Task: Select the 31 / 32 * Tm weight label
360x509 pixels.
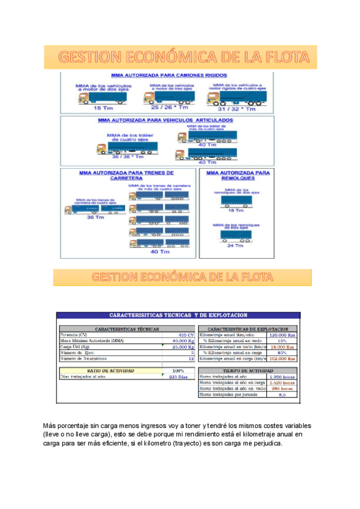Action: [237, 109]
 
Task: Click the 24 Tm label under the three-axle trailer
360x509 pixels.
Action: [235, 245]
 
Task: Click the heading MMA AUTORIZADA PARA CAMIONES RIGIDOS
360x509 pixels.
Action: [169, 76]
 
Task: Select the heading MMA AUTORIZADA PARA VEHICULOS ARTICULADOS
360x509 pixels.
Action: [166, 120]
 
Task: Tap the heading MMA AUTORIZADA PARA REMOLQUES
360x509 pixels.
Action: [235, 175]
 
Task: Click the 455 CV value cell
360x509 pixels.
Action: [186, 335]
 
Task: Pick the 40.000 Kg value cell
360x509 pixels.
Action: [183, 341]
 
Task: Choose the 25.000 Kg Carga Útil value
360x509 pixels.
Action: [183, 347]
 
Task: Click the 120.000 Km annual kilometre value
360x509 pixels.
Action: [281, 335]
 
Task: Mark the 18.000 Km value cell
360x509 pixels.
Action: [281, 347]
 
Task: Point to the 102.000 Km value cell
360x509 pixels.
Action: [281, 358]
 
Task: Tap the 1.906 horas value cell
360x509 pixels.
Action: [282, 377]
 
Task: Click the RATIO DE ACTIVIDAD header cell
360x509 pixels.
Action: [110, 371]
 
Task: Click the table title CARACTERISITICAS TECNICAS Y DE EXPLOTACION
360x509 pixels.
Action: [178, 316]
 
